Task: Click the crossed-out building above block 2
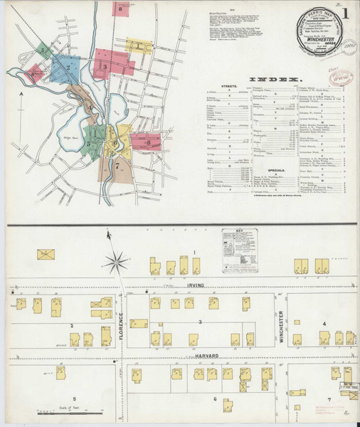click(48, 253)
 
